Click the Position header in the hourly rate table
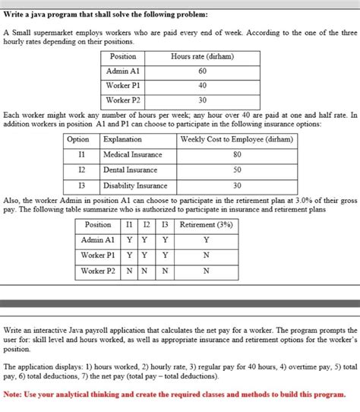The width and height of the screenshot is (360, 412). point(123,57)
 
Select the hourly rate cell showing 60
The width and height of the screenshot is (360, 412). point(202,71)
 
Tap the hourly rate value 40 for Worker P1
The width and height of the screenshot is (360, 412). point(202,85)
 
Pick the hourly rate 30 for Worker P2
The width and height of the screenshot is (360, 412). point(202,100)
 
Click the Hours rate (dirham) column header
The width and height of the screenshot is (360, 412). point(201,57)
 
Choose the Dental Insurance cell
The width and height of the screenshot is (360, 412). point(130,170)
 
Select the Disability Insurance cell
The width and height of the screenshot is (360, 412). point(135,185)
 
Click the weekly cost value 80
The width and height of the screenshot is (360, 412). point(237,154)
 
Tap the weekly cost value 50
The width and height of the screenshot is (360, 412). point(237,170)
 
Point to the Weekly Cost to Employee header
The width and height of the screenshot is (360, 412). point(237,140)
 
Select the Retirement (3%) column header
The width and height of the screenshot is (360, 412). point(206,225)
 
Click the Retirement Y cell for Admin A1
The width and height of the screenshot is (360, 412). point(206,240)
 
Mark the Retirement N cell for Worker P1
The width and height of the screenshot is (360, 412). point(206,255)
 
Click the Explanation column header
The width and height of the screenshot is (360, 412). point(122,140)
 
